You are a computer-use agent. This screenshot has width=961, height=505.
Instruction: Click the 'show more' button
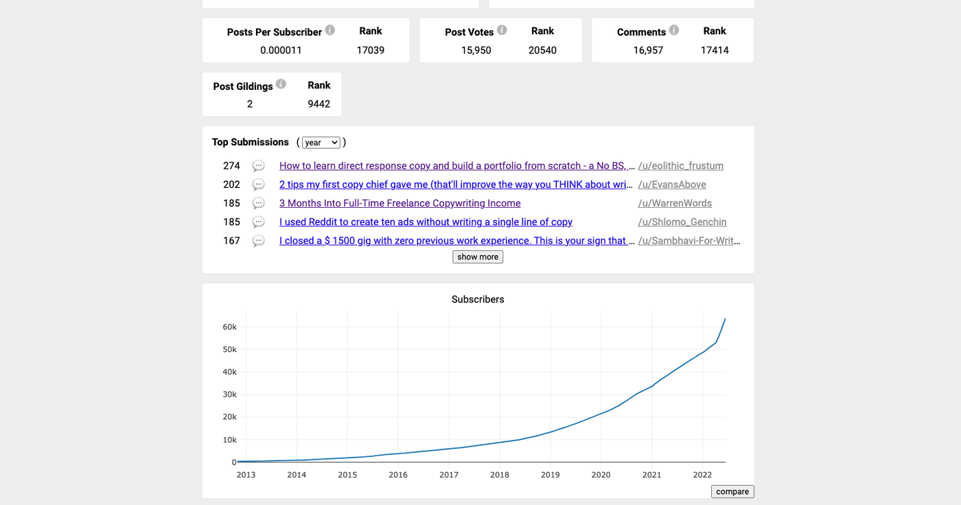point(478,257)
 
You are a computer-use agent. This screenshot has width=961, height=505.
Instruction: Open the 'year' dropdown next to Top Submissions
point(321,142)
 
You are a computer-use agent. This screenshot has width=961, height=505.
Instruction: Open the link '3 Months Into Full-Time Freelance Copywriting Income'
point(400,203)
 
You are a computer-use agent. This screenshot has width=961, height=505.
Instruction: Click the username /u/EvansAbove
point(672,185)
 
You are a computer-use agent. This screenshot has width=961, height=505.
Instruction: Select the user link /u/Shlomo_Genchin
point(682,222)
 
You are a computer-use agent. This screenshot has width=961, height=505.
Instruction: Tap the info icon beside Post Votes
point(502,30)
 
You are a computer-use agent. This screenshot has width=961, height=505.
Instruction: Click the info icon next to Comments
point(673,30)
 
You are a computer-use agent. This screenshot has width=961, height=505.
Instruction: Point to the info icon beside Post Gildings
point(281,84)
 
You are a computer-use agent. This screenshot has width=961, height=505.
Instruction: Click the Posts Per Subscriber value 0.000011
point(281,50)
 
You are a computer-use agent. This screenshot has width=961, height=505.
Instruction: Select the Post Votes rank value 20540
point(542,50)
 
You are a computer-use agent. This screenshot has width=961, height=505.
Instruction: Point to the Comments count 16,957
point(648,50)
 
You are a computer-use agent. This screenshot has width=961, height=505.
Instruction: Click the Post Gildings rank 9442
point(319,104)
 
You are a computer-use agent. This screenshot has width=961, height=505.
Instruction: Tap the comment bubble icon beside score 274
point(258,165)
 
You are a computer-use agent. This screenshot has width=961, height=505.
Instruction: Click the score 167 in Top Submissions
point(231,241)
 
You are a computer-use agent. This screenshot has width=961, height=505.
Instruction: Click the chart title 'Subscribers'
point(478,299)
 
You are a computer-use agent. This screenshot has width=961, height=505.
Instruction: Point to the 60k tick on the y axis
point(229,327)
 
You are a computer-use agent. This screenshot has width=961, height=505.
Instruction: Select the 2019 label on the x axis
point(550,475)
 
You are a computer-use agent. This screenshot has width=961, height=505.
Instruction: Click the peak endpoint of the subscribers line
point(725,318)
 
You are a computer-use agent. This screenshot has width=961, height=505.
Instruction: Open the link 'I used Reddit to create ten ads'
point(426,222)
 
